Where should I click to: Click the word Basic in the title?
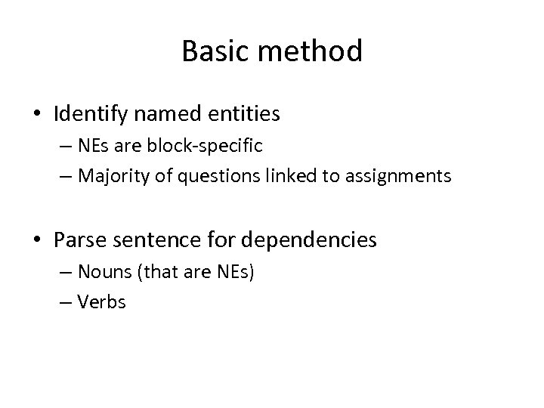point(212,51)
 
